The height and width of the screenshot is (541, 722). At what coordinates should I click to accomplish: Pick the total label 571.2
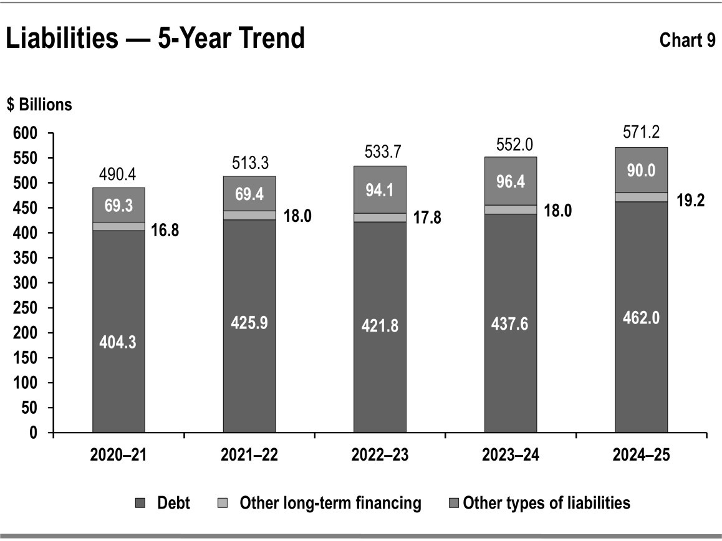(641, 132)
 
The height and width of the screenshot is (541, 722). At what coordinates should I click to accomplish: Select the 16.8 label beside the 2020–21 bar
(167, 230)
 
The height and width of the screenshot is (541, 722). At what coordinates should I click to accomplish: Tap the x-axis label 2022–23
(380, 455)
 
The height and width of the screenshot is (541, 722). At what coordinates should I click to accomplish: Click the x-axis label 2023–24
(511, 455)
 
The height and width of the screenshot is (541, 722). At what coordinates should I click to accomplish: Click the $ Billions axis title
(39, 105)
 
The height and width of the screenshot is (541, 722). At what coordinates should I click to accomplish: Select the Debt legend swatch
(140, 502)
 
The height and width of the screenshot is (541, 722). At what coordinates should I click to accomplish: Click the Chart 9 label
(687, 41)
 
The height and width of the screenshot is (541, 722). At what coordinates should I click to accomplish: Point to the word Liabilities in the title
(61, 39)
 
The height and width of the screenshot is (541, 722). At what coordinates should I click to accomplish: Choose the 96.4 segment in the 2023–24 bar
(511, 181)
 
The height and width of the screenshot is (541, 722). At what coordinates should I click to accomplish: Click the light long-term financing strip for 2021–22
(249, 215)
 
